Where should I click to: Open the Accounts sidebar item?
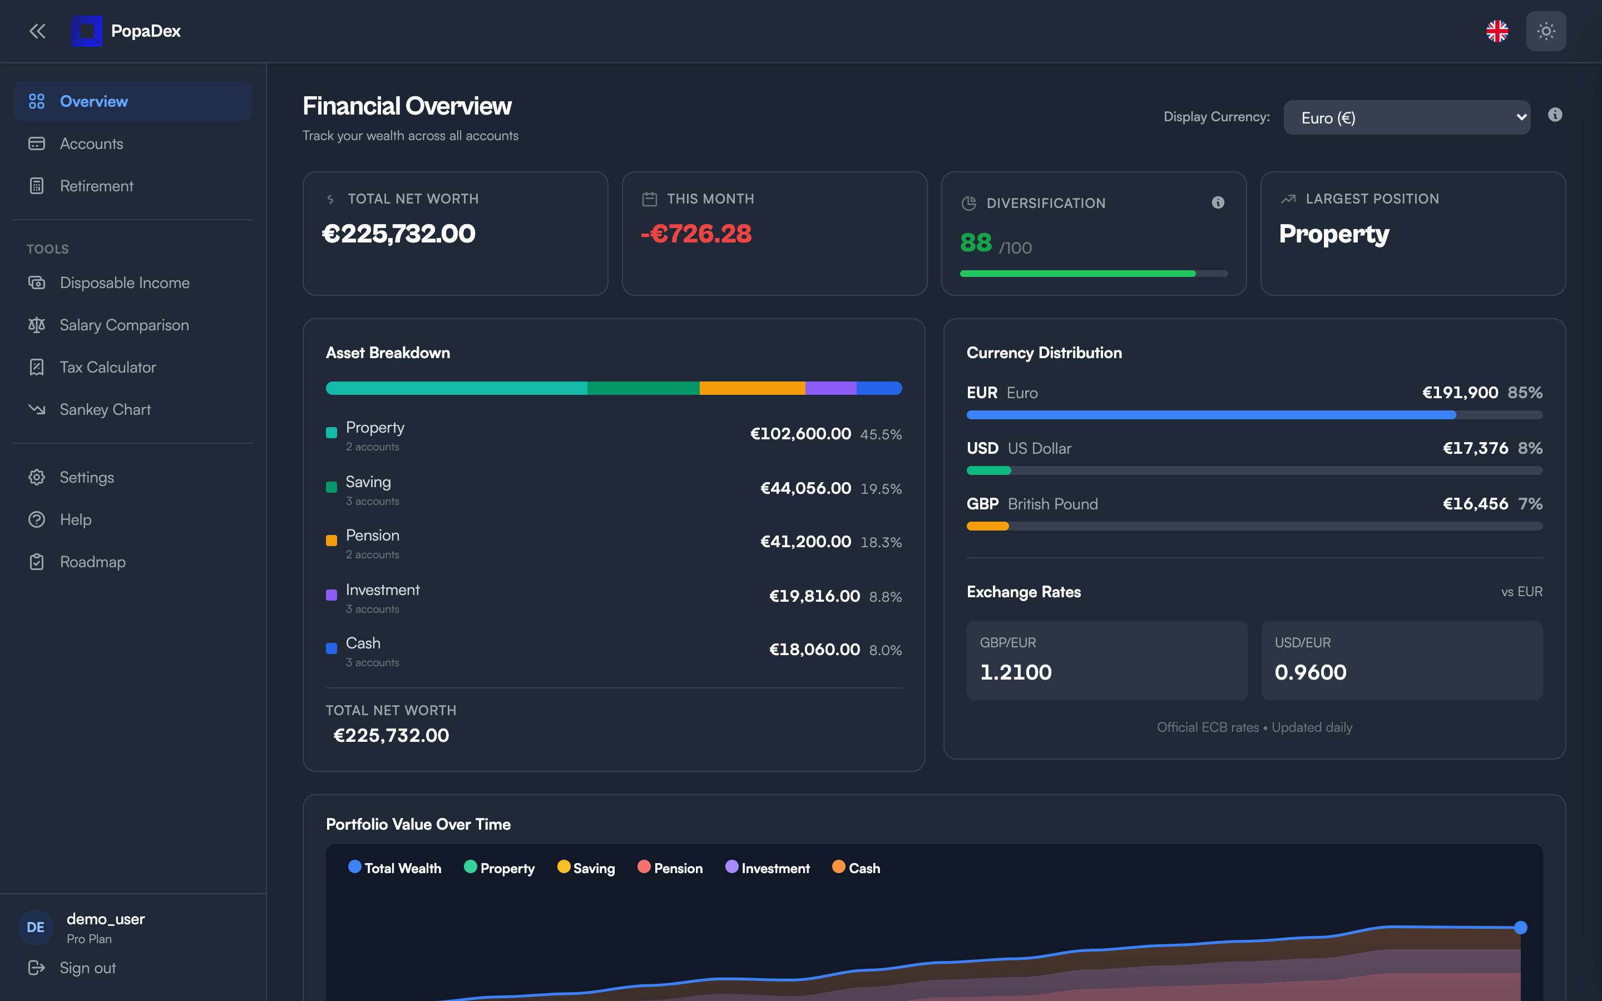coord(91,143)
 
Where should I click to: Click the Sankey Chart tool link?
coord(105,410)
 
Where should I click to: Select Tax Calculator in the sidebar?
coord(107,368)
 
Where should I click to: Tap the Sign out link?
coord(87,968)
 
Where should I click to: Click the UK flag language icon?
coord(1497,31)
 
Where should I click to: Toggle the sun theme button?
coord(1546,31)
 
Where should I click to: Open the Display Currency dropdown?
coord(1406,118)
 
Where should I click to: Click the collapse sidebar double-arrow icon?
coord(37,31)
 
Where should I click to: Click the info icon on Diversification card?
coord(1218,202)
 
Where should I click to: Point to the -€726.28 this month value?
coord(696,234)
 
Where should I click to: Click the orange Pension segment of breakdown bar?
coord(752,388)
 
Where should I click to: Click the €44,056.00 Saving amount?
coord(805,489)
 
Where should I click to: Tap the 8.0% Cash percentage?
coord(885,650)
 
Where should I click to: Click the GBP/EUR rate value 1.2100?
coord(1016,672)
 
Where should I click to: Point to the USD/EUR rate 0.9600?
coord(1310,672)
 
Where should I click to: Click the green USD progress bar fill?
coord(988,470)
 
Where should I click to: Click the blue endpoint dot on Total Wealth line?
coord(1521,928)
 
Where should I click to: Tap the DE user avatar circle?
coord(36,927)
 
